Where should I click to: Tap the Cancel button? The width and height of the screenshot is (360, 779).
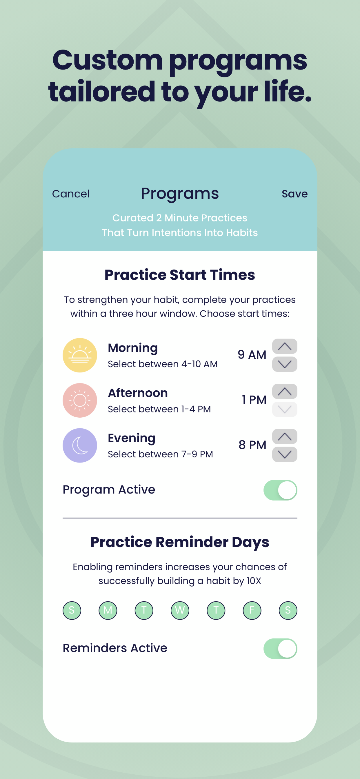point(71,194)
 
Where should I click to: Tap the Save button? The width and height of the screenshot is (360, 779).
point(295,194)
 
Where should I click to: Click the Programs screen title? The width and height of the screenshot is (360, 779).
point(180,194)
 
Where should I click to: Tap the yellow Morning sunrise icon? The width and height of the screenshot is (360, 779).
point(80,355)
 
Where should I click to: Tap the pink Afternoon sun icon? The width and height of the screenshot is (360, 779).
point(80,401)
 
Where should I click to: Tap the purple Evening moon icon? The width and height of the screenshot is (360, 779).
point(80,445)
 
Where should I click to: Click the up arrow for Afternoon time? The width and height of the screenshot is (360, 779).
point(285,391)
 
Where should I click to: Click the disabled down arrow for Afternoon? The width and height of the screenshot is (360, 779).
point(285,409)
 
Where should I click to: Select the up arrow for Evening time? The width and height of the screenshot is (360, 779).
point(285,436)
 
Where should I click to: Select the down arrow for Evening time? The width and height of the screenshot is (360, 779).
point(285,454)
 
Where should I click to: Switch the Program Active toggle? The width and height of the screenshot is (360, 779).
point(281,490)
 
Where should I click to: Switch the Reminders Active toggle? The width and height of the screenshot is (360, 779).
point(281,648)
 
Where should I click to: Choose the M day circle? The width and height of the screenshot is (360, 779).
point(108,610)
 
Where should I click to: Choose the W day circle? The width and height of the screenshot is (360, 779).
point(180,610)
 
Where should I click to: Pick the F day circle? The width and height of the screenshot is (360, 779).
point(252,610)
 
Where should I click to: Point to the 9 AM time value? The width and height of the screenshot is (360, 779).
point(252,355)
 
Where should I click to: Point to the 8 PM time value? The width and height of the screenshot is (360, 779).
point(252,445)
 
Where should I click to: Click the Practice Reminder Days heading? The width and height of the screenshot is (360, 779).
point(180,542)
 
